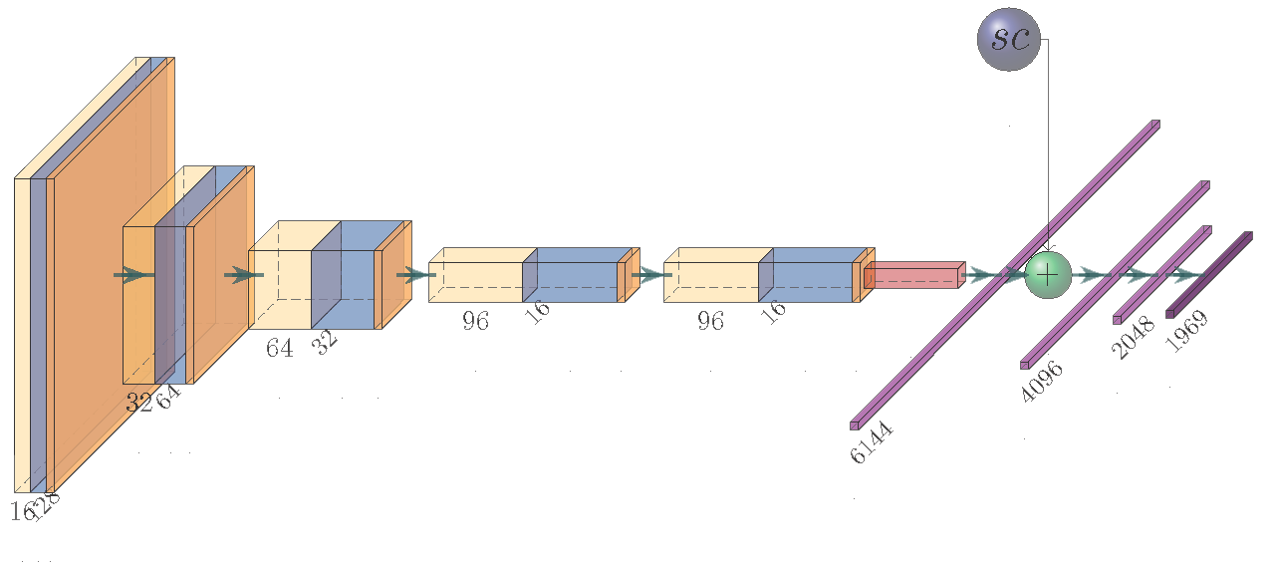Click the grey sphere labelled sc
(x=1009, y=40)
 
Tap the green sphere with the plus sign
(x=1047, y=273)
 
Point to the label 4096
(x=1042, y=381)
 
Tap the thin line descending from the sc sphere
(x=1047, y=149)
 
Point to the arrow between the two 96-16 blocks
(x=651, y=274)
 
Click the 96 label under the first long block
(x=475, y=321)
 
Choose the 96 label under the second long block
(x=710, y=321)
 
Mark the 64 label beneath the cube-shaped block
(x=279, y=349)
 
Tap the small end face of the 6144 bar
(x=855, y=425)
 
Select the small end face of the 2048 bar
(x=1118, y=320)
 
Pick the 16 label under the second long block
(x=772, y=310)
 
